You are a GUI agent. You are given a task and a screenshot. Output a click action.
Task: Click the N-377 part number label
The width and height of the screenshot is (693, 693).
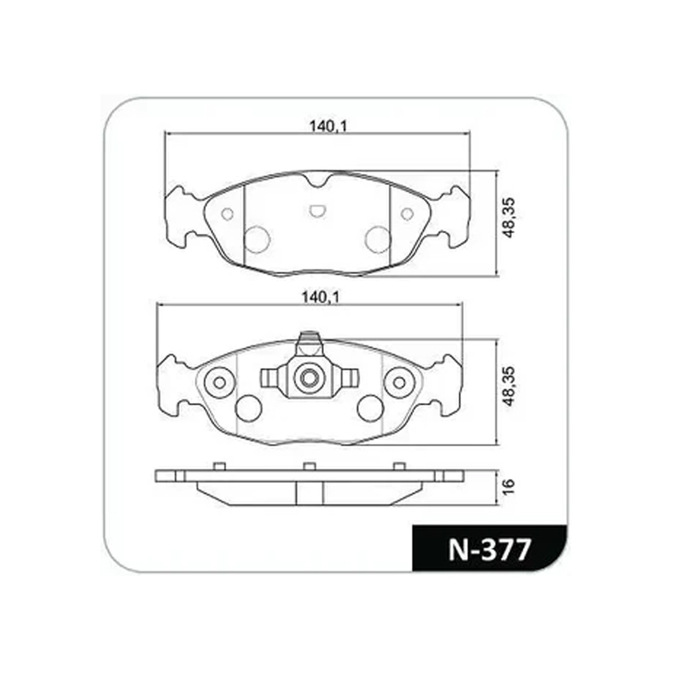(490, 550)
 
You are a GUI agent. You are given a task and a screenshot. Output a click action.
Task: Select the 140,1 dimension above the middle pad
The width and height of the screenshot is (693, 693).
(321, 297)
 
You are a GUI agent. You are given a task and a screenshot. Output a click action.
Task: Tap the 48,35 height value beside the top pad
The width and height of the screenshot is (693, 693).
(509, 218)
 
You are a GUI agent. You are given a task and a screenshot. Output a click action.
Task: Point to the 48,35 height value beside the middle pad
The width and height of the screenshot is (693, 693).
(509, 386)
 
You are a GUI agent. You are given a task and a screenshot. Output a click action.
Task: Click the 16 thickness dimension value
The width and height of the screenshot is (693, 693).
(509, 486)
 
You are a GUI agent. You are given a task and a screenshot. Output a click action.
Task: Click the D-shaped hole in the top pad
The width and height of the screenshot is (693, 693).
(317, 211)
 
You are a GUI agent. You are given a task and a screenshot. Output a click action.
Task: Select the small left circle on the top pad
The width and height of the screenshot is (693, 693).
(228, 214)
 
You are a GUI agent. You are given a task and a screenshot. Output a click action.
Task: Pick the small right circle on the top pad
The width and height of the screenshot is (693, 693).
(407, 214)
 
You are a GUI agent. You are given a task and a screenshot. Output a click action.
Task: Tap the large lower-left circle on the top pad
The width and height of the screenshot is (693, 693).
(257, 239)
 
